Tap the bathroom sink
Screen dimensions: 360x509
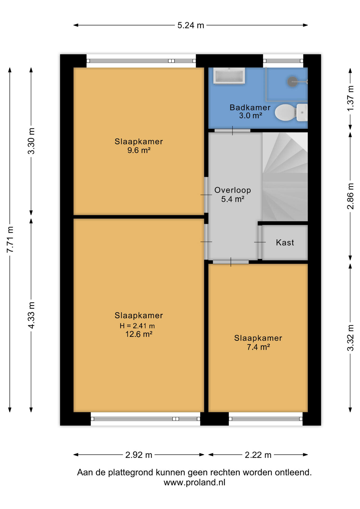click(x=229, y=76)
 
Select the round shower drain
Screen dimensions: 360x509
click(x=293, y=82)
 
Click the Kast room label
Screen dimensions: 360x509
click(x=285, y=243)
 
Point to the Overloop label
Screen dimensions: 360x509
click(x=232, y=190)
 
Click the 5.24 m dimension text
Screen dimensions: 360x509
click(x=191, y=25)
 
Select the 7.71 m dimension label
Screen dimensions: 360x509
click(x=10, y=240)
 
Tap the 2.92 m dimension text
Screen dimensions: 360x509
click(x=139, y=455)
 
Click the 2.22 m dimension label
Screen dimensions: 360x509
click(x=258, y=455)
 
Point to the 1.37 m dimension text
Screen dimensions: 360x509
click(x=350, y=98)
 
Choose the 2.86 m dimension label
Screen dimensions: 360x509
click(x=350, y=196)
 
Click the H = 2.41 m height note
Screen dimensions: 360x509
click(x=137, y=326)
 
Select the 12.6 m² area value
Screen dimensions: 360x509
click(x=139, y=334)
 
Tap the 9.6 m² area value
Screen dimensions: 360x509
click(x=139, y=150)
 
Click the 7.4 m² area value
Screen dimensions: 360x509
click(x=258, y=347)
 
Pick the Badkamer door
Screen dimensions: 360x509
click(x=232, y=130)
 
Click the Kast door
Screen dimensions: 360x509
click(x=260, y=242)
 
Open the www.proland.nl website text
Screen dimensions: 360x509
click(x=195, y=482)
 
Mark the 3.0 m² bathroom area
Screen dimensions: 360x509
click(x=251, y=116)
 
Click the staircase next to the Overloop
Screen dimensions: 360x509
click(x=285, y=177)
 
